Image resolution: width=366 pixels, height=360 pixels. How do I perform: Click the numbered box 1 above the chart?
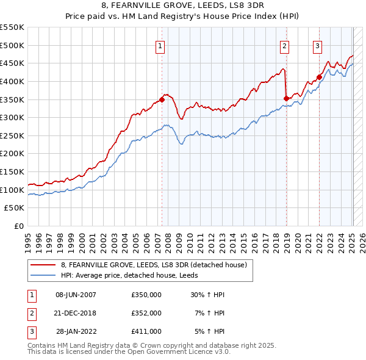click(160, 45)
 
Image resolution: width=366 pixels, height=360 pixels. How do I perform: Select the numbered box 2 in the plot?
click(285, 45)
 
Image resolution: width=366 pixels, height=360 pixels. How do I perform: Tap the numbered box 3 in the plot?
click(318, 45)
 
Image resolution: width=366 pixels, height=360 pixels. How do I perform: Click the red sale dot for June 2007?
click(162, 99)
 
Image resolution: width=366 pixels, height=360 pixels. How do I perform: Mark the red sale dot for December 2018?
click(286, 98)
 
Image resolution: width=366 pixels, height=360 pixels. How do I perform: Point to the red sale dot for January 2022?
click(319, 77)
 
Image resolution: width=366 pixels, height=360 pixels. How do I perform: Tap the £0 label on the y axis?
click(18, 226)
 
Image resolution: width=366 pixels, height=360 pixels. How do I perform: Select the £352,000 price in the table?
click(146, 313)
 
